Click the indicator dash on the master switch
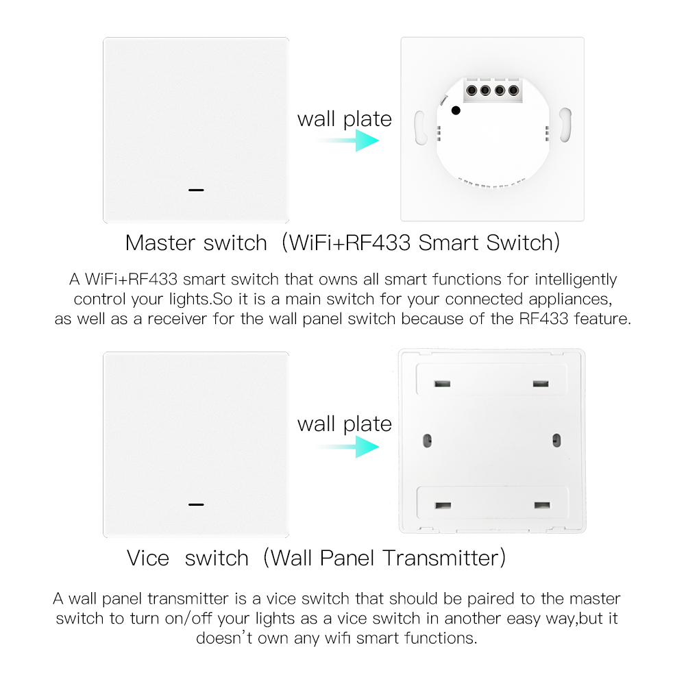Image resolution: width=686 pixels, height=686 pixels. [x=196, y=190]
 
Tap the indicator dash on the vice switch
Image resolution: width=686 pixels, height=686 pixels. [x=196, y=504]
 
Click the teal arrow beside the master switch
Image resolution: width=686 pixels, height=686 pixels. [x=348, y=140]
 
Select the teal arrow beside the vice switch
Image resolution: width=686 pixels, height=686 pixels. [x=348, y=447]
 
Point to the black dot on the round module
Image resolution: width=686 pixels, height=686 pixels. [x=456, y=111]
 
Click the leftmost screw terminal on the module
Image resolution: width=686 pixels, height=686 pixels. [x=471, y=90]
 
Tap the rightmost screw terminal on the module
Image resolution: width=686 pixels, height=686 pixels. [x=513, y=90]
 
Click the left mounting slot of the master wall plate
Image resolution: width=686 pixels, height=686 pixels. [x=420, y=127]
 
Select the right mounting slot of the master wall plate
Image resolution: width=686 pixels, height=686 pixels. [x=565, y=125]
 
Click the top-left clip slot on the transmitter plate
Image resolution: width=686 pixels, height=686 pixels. [x=442, y=384]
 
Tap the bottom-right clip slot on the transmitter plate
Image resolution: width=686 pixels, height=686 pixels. [x=542, y=505]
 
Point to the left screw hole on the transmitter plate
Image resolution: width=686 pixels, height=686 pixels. [x=428, y=440]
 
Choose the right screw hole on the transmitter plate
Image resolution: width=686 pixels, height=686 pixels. [x=556, y=440]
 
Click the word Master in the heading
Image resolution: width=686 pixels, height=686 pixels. [x=160, y=243]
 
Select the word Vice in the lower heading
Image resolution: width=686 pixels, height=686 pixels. [x=148, y=559]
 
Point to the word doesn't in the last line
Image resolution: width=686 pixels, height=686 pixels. [x=224, y=638]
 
